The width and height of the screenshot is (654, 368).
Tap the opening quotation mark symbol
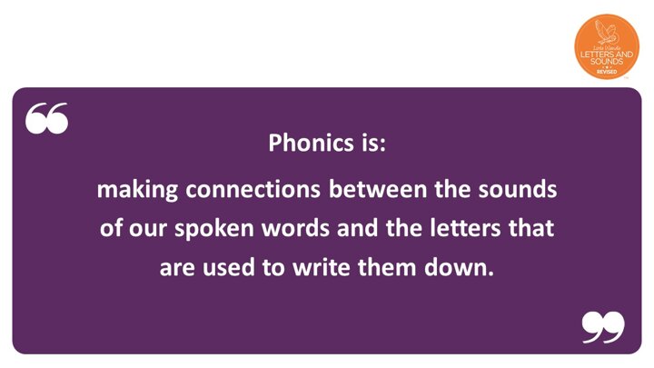tap(46, 118)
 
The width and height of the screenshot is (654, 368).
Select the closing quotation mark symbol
tap(603, 327)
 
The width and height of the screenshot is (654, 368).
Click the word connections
tap(253, 189)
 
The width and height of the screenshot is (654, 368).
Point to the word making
tap(137, 190)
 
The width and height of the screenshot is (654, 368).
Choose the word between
tap(378, 189)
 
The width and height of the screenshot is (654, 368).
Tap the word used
tap(229, 267)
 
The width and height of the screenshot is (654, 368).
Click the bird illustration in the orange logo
tap(606, 32)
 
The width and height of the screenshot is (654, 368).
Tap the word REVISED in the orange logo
tap(607, 72)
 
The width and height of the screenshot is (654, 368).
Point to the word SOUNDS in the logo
tap(607, 62)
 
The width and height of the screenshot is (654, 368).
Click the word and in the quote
tap(358, 228)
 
